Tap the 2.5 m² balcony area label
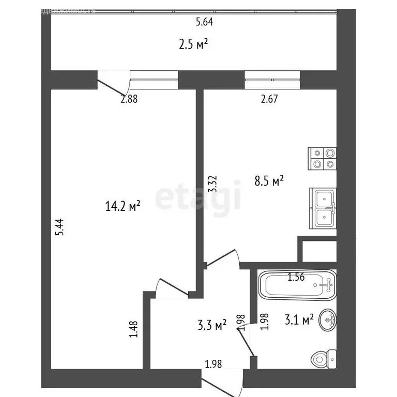194,44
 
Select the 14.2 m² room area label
123,207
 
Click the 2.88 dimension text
129,100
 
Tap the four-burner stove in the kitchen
323,159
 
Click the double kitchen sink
323,209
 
